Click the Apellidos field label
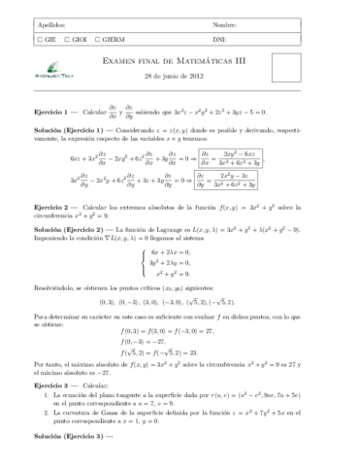[44, 22]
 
